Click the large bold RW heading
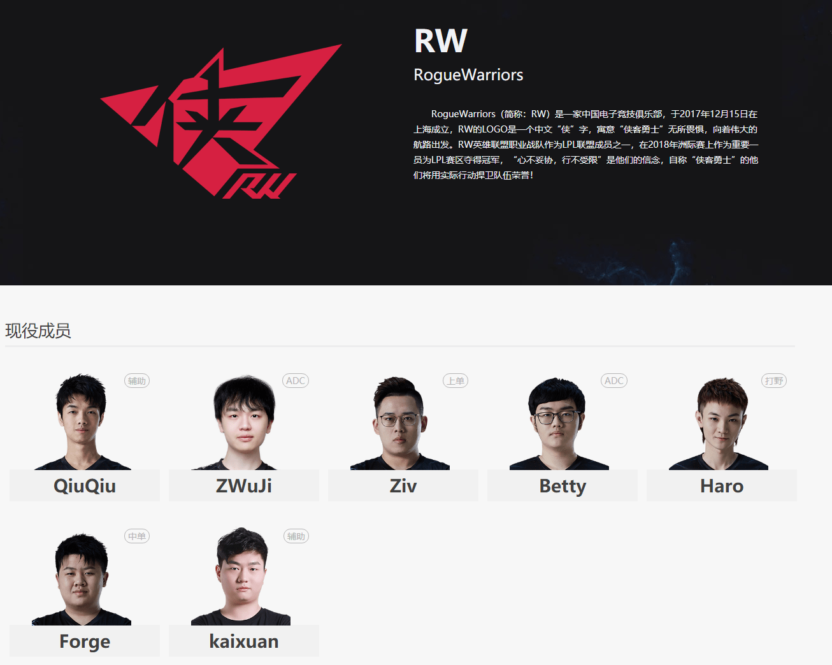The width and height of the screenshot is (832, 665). point(440,41)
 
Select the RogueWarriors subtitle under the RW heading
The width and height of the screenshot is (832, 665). point(468,75)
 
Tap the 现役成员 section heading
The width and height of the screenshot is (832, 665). point(38,331)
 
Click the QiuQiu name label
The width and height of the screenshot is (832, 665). point(85,486)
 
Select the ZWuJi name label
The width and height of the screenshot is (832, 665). point(244,486)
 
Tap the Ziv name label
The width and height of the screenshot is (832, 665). point(403,486)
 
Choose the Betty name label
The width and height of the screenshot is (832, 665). point(563,486)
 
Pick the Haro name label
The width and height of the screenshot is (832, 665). point(722,486)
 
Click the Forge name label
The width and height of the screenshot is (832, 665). point(85,641)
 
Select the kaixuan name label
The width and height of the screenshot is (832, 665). point(244,641)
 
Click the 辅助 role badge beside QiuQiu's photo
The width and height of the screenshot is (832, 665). point(137,381)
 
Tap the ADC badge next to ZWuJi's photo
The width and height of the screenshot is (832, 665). point(296,381)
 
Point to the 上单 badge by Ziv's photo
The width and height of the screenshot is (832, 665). point(455,381)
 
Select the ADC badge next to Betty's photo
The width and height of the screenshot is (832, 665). point(614,381)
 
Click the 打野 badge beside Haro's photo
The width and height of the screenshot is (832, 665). point(774,381)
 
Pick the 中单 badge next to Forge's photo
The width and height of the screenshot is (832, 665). point(137,536)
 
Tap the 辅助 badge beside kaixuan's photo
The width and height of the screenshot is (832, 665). point(296,536)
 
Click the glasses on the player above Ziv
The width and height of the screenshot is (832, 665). point(399,420)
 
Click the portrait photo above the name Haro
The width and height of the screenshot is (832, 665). point(721,424)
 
